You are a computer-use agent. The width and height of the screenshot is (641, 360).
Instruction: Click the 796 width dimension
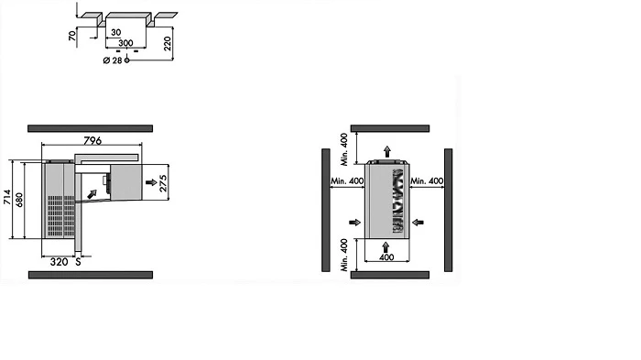[92, 140]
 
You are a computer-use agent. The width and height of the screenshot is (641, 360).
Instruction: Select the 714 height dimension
[7, 197]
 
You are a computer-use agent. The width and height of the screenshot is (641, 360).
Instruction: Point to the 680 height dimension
[19, 200]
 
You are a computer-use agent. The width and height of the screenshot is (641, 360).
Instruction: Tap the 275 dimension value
[163, 183]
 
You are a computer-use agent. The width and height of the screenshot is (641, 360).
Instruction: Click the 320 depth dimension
[59, 262]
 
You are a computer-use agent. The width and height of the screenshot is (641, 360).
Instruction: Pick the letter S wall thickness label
[78, 262]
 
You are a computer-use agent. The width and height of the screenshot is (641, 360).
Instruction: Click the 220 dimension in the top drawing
[168, 43]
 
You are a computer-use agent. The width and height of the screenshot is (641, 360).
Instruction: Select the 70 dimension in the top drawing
[72, 36]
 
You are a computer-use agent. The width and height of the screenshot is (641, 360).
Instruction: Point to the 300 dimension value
[125, 42]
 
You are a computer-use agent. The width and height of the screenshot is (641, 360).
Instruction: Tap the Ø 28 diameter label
[113, 60]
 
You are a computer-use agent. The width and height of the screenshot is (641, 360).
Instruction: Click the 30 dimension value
[115, 32]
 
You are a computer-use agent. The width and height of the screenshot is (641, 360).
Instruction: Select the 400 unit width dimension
[386, 256]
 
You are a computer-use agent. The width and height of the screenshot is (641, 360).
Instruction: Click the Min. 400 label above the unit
[344, 149]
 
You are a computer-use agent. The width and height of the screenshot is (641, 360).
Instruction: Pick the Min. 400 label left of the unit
[347, 180]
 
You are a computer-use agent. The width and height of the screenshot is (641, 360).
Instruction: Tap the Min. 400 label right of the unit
[427, 180]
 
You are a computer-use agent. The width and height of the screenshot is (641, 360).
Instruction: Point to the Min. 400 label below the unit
[344, 255]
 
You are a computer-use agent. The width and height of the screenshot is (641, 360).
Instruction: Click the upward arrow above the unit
[387, 151]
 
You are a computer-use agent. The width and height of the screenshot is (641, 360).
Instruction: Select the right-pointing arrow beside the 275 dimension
[151, 182]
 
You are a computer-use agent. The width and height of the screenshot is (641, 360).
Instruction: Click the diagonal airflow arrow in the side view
[92, 194]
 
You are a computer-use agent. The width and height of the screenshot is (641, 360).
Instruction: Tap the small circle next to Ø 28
[126, 60]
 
